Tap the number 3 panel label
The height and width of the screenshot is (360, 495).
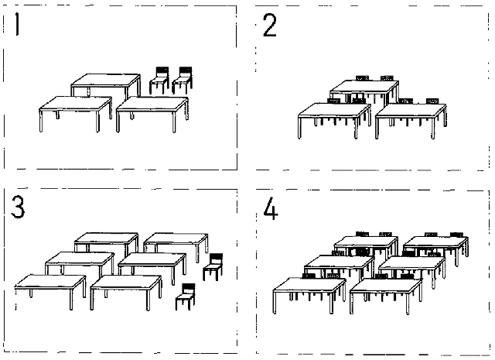point(18,208)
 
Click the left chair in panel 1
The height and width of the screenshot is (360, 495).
point(159,80)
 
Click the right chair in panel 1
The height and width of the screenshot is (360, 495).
point(183,80)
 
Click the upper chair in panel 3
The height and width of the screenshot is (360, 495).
point(213,266)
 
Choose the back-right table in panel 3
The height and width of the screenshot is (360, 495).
point(176,239)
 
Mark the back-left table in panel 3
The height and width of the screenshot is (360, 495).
point(106,238)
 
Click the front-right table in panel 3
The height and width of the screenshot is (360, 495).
point(126,283)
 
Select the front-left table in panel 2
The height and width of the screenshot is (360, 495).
point(333,112)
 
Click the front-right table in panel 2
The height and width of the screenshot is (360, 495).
point(410,112)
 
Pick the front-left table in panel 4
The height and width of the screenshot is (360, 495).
point(309,286)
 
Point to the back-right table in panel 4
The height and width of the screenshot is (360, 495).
point(435,242)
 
